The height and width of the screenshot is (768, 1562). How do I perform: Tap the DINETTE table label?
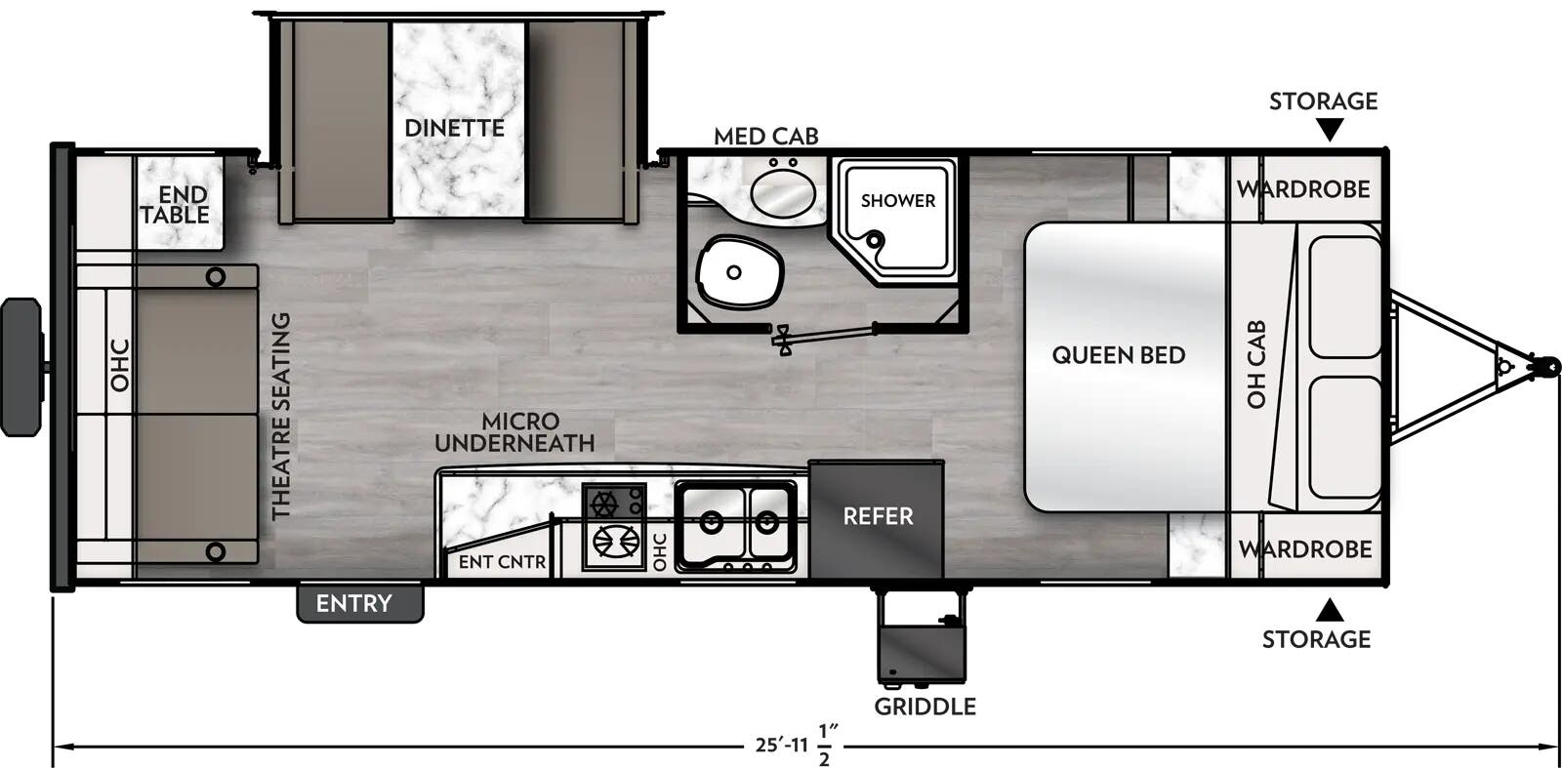(x=454, y=128)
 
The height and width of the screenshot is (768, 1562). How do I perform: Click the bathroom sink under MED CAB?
(x=782, y=189)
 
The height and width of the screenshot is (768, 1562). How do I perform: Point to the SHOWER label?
(x=897, y=200)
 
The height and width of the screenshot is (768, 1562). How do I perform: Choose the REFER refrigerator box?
(x=877, y=516)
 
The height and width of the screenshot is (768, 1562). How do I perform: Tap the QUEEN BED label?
(x=1118, y=355)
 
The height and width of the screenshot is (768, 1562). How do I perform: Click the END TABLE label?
(x=176, y=205)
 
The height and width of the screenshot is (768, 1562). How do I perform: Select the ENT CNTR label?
(x=502, y=561)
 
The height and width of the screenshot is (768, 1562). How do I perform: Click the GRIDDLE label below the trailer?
(x=924, y=707)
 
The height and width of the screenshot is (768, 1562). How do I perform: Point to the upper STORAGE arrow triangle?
(x=1329, y=130)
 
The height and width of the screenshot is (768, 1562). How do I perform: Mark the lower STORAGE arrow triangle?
(x=1329, y=611)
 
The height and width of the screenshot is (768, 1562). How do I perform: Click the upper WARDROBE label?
(x=1303, y=189)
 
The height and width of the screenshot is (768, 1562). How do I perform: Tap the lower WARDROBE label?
(x=1305, y=549)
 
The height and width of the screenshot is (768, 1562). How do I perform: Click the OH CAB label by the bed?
(x=1256, y=364)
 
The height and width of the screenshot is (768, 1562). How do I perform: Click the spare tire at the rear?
(x=21, y=367)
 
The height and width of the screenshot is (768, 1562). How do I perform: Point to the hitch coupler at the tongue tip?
(x=1543, y=364)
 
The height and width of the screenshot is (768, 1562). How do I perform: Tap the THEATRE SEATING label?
(x=281, y=416)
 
